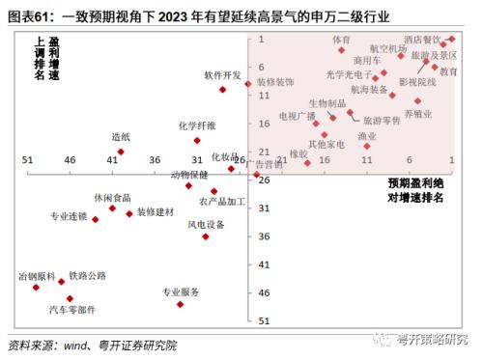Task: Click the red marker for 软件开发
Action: [x=222, y=90]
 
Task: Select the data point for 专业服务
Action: [x=180, y=305]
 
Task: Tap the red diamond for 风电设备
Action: [x=206, y=236]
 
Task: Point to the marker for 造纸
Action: [x=121, y=152]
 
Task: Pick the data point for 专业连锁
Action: [x=95, y=219]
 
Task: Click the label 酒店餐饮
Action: [x=422, y=40]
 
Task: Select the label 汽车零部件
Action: [x=72, y=310]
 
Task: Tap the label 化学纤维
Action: [x=197, y=125]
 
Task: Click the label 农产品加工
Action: [x=222, y=202]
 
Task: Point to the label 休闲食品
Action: [x=112, y=197]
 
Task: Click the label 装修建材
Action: [x=156, y=211]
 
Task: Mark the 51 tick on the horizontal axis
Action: [x=27, y=159]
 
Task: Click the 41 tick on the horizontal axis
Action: [x=112, y=159]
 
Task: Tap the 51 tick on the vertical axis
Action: [x=263, y=320]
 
